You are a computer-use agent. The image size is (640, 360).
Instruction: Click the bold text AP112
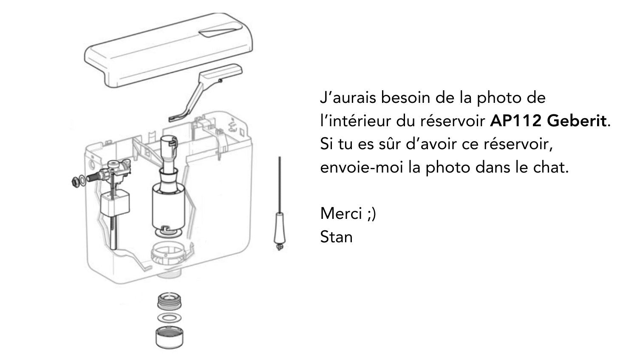516,121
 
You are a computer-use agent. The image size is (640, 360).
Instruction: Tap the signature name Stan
336,237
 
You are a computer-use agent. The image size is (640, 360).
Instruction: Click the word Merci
341,213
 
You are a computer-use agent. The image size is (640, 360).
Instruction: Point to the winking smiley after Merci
371,214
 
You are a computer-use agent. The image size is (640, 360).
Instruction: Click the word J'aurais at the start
348,97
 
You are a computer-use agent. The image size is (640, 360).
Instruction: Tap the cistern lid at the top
169,50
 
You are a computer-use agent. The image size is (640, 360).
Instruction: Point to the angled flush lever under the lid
204,91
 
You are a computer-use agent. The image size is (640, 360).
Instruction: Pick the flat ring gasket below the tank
169,317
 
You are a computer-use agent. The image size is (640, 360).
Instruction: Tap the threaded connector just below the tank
169,301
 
